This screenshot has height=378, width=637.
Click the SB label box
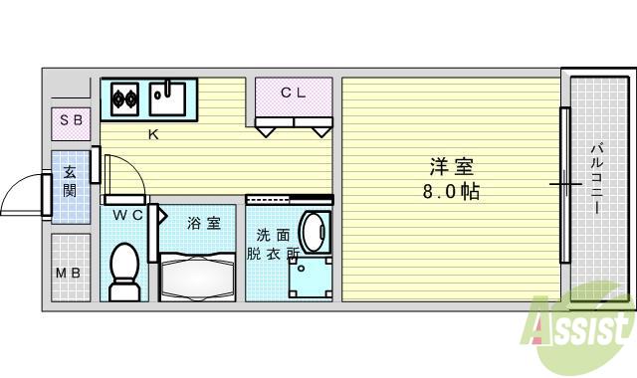(71, 123)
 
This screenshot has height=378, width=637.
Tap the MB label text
(68, 274)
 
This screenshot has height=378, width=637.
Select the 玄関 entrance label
(69, 180)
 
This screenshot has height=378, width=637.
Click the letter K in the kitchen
(153, 135)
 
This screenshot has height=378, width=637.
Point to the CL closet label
(292, 94)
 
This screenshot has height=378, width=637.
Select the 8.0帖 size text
(450, 192)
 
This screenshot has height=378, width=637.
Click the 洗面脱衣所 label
(273, 245)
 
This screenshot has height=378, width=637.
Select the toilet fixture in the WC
(123, 271)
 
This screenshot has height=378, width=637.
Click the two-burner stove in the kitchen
(125, 97)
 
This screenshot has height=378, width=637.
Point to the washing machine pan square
(310, 279)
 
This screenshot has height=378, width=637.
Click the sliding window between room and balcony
(564, 183)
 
